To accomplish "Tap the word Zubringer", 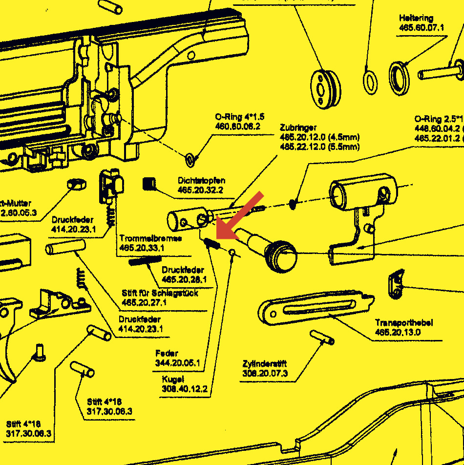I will click(298, 127).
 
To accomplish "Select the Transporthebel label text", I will click(404, 323).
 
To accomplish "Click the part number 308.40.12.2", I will click(185, 389).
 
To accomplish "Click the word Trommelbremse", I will click(151, 238).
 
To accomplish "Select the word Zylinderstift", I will click(264, 364).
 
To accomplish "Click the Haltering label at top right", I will click(416, 19).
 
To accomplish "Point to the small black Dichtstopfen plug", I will click(149, 184).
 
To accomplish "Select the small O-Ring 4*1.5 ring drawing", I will click(190, 158).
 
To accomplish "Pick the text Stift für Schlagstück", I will click(160, 293).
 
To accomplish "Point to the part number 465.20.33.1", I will click(142, 248).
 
